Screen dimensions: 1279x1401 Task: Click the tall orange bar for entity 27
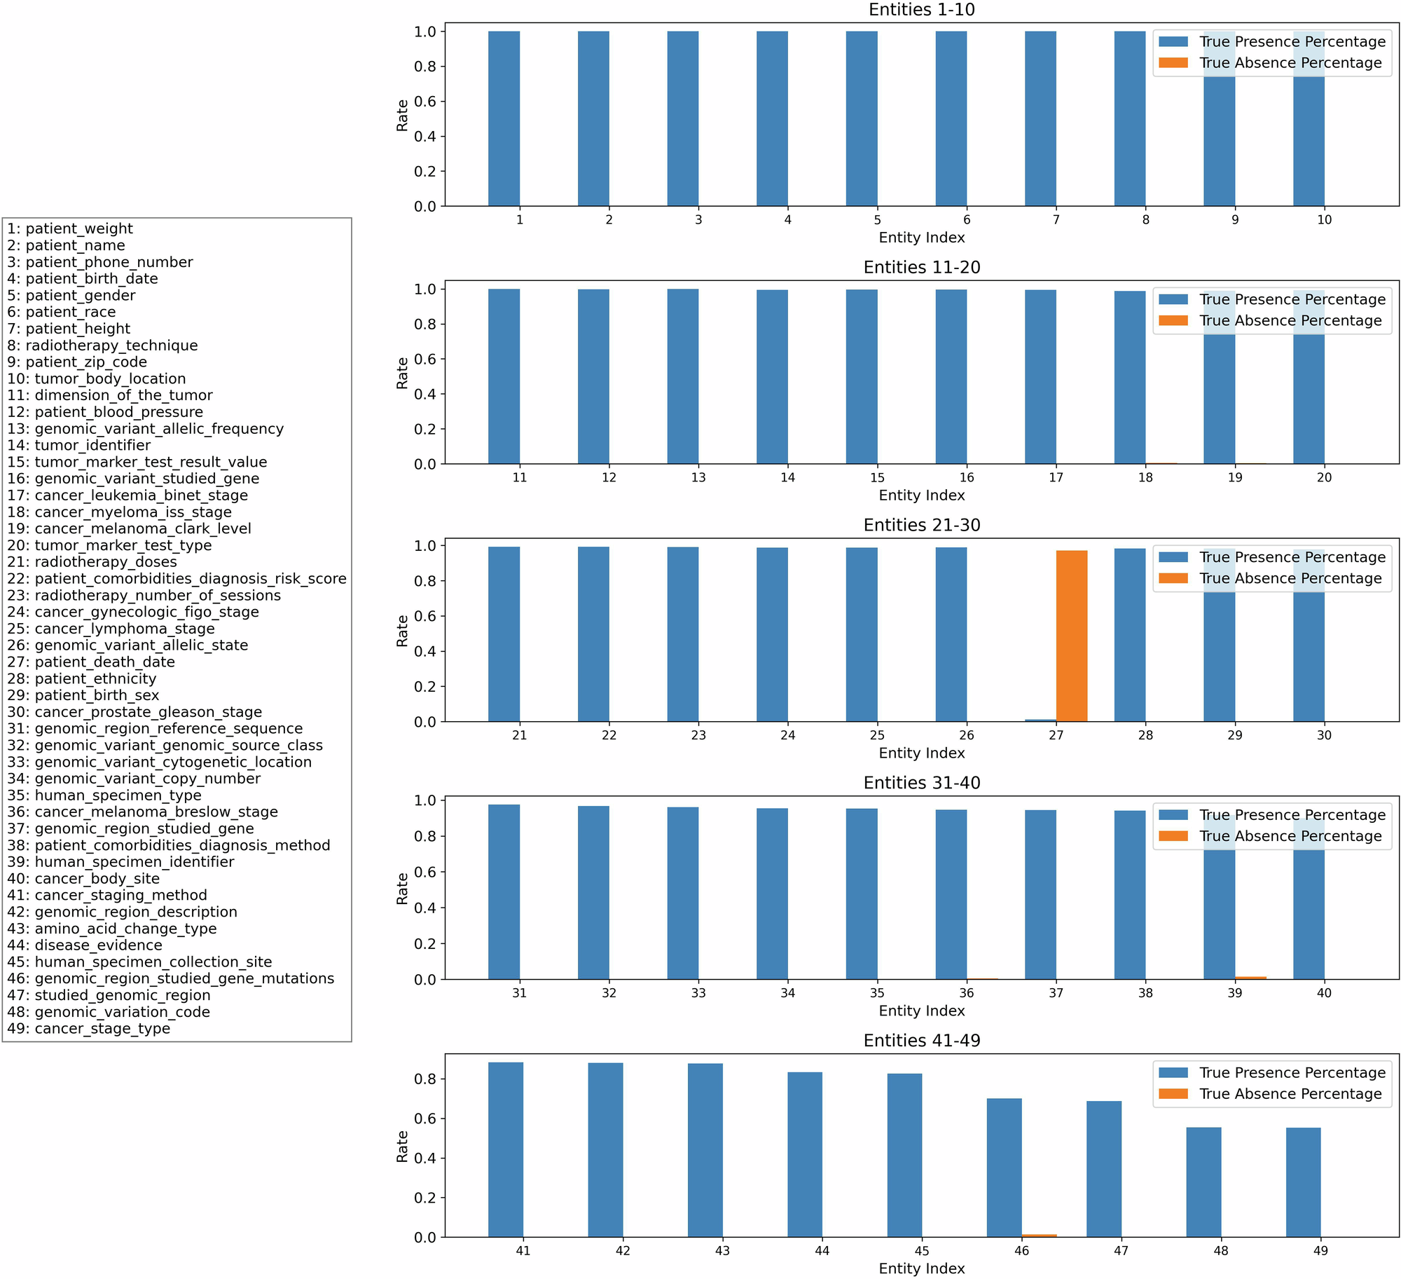pyautogui.click(x=1071, y=636)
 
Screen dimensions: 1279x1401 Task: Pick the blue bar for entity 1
pyautogui.click(x=504, y=118)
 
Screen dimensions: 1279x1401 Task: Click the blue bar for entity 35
pyautogui.click(x=861, y=894)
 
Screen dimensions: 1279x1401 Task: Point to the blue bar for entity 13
pyautogui.click(x=682, y=376)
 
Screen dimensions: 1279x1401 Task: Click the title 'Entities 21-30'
pyautogui.click(x=921, y=525)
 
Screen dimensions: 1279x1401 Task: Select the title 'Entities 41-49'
pyautogui.click(x=921, y=1041)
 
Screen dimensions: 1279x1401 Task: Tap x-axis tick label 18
pyautogui.click(x=1145, y=478)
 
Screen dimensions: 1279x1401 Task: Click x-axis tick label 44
pyautogui.click(x=822, y=1251)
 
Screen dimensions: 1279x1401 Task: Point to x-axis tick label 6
pyautogui.click(x=967, y=220)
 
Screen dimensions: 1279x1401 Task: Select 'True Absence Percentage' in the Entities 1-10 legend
pyautogui.click(x=1290, y=63)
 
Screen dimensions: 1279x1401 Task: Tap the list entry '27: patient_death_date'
pyautogui.click(x=91, y=662)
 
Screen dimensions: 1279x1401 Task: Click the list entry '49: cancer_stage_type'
pyautogui.click(x=89, y=1029)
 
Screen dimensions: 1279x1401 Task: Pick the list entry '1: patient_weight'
pyautogui.click(x=70, y=229)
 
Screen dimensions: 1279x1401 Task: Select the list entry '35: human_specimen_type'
pyautogui.click(x=104, y=795)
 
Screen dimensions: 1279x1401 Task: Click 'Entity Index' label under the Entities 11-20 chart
pyautogui.click(x=921, y=495)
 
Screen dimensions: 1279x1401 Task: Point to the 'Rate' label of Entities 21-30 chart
pyautogui.click(x=402, y=631)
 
